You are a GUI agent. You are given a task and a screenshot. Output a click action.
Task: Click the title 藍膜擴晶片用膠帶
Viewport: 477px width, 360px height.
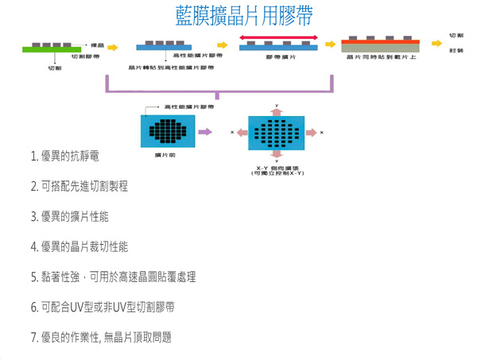(x=238, y=15)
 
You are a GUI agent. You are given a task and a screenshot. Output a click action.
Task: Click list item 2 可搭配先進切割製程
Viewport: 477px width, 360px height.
(x=79, y=187)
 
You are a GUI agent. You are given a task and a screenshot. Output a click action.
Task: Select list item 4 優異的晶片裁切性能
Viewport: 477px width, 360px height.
(x=79, y=247)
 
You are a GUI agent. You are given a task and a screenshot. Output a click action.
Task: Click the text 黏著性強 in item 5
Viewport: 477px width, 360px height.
(x=59, y=277)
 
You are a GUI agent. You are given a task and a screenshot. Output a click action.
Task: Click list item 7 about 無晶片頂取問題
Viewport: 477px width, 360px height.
(x=101, y=337)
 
